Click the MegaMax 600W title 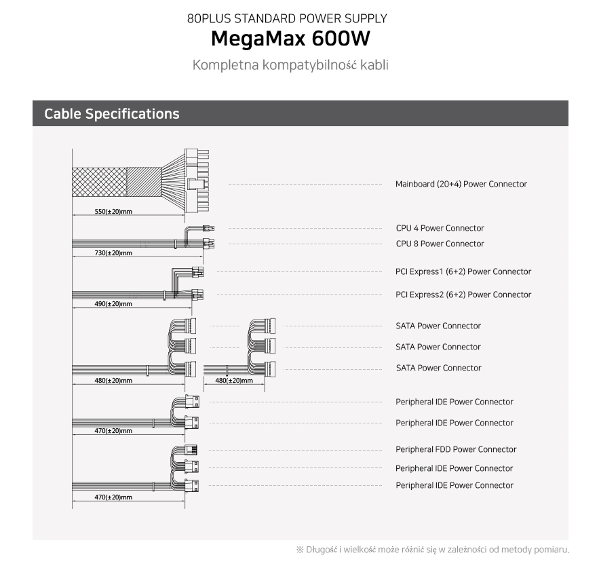[x=290, y=39]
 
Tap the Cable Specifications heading [x=111, y=114]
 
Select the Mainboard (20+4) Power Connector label [x=461, y=184]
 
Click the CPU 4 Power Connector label [x=440, y=228]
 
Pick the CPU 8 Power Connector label [x=440, y=244]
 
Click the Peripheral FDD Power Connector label [x=456, y=449]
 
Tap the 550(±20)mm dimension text [x=113, y=211]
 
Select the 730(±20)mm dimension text [x=113, y=253]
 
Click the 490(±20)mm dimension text [x=113, y=304]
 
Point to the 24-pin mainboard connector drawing [x=197, y=181]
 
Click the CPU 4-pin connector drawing [x=208, y=229]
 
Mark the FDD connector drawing [x=191, y=450]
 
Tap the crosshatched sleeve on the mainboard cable [x=99, y=182]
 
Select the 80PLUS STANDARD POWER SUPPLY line [x=287, y=18]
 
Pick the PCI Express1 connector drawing [x=197, y=272]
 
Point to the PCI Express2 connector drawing [x=197, y=294]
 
